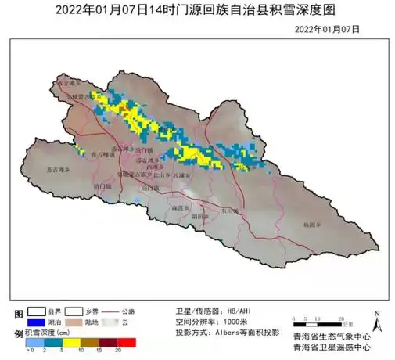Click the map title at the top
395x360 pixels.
pos(197,10)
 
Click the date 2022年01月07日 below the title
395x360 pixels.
pos(328,28)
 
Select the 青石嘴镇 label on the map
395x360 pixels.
pos(103,155)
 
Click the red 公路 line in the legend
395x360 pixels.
pos(122,311)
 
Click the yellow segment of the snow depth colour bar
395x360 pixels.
pos(71,343)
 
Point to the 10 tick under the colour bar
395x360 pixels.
pos(81,351)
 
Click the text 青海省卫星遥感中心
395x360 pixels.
pos(330,347)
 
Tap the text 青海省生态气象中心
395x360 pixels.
pos(330,335)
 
